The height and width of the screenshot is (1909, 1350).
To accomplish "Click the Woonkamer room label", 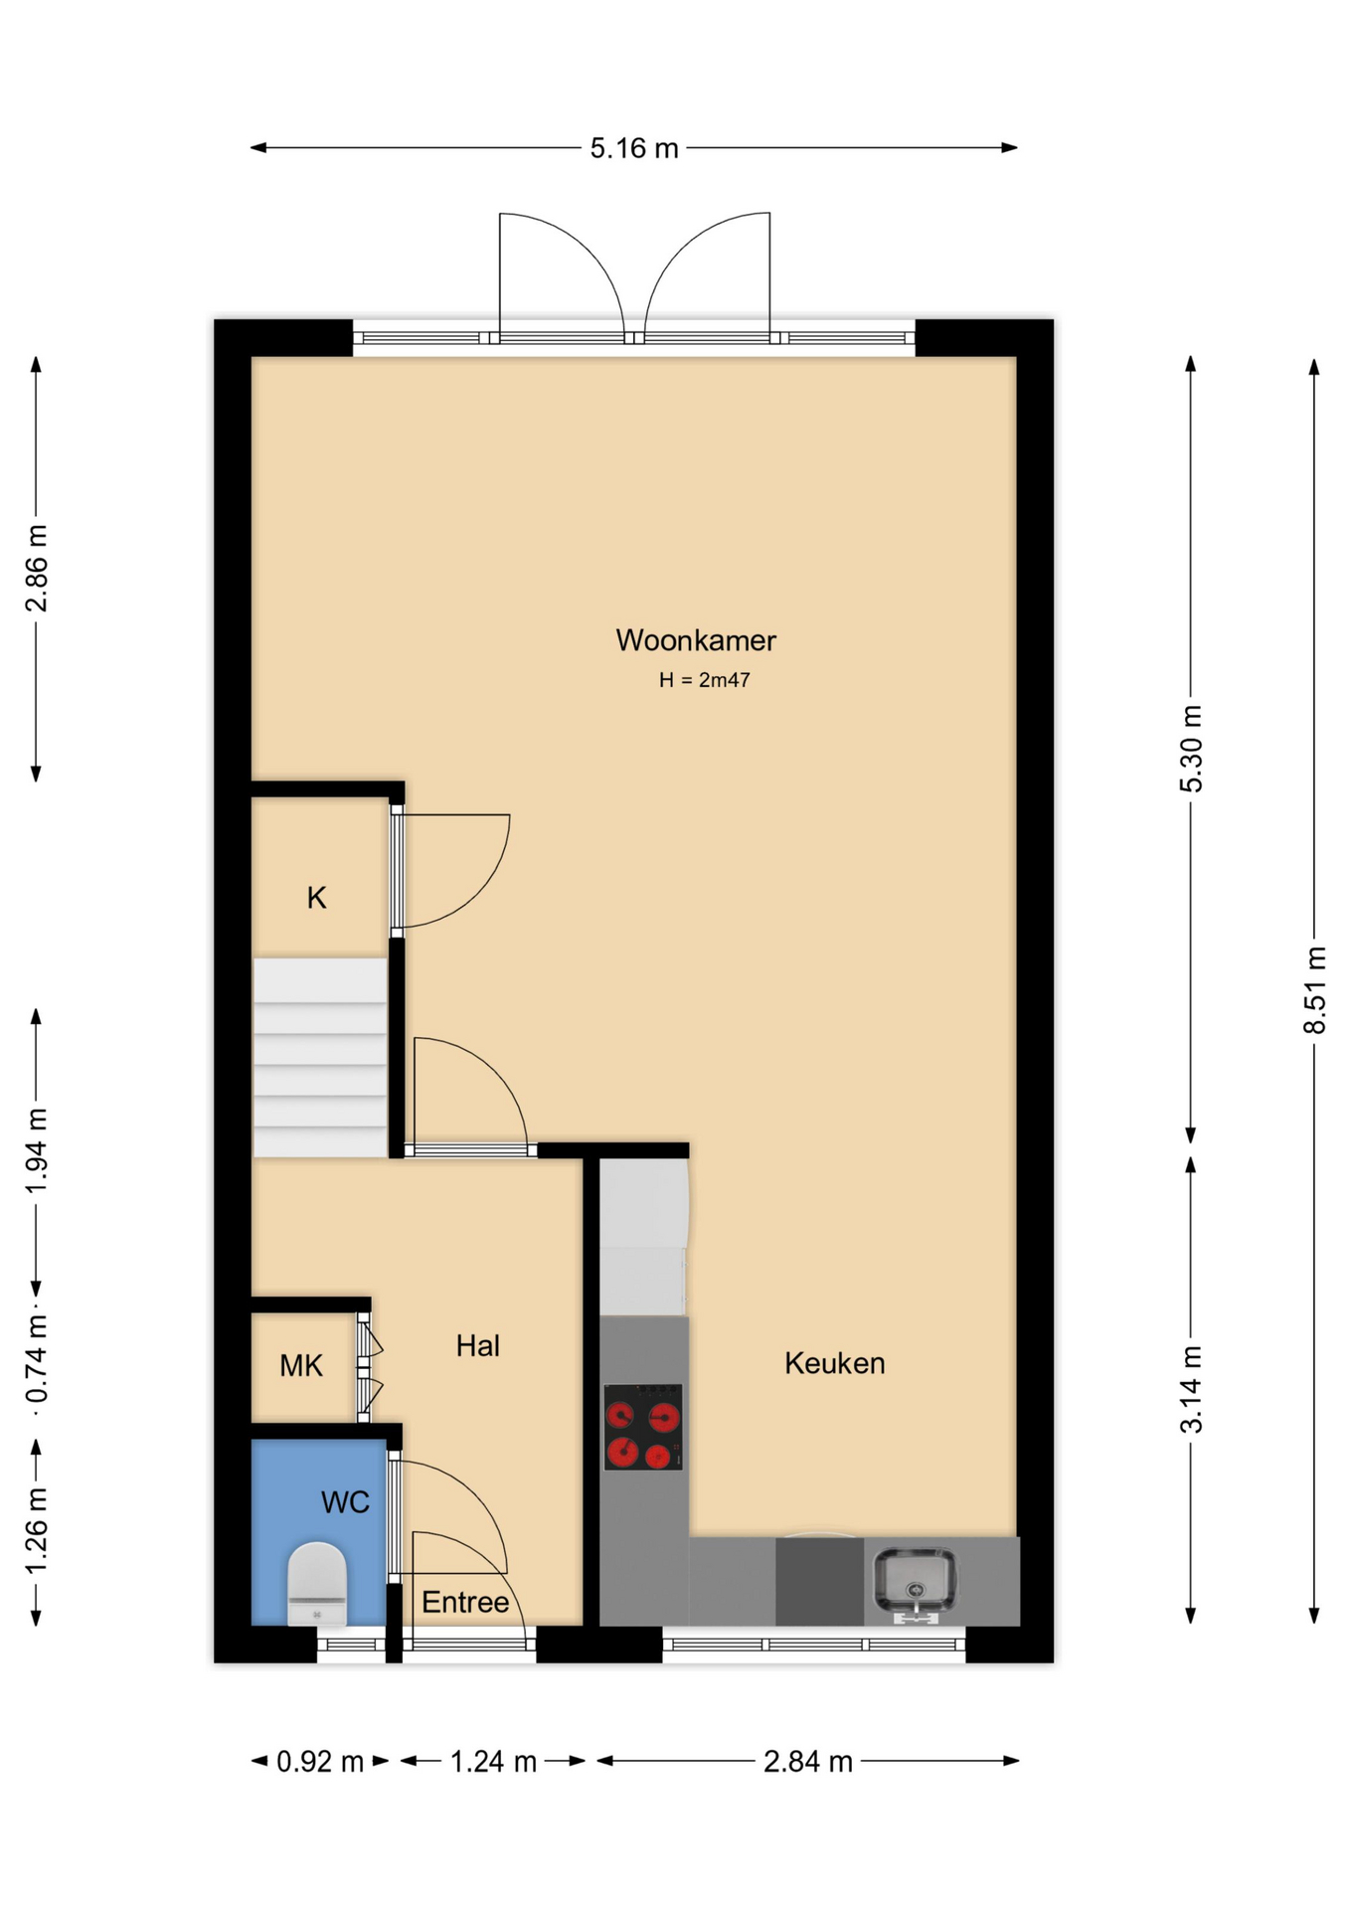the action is coord(696,640).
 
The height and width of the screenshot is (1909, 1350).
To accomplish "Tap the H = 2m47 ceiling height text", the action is coord(704,680).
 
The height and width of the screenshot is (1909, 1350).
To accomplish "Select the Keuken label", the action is coord(834,1363).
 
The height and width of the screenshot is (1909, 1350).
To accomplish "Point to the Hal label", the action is coord(477,1346).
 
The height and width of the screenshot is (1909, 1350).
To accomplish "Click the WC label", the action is coord(345,1502).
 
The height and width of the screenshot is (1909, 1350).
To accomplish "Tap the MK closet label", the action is coord(301,1366).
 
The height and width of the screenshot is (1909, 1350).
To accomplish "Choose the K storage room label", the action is coord(316,898).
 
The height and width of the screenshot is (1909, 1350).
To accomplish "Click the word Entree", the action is coord(465,1602).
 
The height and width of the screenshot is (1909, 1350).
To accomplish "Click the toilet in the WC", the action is coord(317,1583).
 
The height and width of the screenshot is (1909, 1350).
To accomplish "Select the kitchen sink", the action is coord(915,1583).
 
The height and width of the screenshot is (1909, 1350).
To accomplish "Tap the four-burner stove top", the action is coord(643,1427).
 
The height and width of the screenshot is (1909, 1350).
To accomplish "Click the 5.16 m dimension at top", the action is coord(634,148).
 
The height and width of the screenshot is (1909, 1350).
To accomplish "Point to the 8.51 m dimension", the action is coord(1315,990).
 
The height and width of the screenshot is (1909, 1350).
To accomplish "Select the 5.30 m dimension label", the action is coord(1191,749).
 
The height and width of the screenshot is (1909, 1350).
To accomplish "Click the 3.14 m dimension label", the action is coord(1191,1389).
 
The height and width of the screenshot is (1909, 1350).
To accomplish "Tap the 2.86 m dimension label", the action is coord(37,569).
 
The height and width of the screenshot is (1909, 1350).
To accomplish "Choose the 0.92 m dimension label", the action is coord(320,1762).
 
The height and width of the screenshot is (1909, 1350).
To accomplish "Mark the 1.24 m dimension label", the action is coord(493,1762).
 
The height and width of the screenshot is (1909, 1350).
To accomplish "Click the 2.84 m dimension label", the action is coord(808,1762).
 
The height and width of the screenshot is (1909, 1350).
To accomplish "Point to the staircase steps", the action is coord(320,1058).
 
